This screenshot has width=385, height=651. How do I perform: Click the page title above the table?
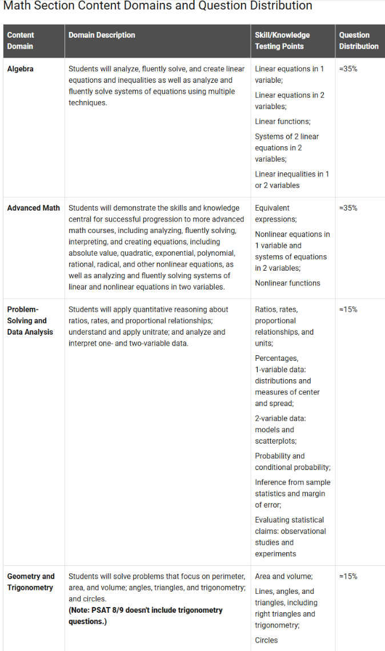coord(158,6)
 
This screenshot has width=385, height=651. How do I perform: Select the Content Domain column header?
coord(21,41)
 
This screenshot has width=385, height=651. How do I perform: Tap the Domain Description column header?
coord(102,35)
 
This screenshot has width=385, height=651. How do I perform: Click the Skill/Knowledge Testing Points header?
coord(282,41)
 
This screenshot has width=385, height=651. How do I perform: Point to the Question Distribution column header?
coord(359,41)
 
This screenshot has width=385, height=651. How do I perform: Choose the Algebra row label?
coord(20,69)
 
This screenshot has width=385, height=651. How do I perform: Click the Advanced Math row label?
coord(33,208)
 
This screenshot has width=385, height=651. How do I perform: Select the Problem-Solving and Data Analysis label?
coord(30,320)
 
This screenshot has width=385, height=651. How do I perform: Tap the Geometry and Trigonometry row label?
coord(31,582)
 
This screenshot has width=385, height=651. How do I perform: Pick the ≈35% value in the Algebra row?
coord(348,69)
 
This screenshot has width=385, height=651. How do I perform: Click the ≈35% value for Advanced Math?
coord(348,208)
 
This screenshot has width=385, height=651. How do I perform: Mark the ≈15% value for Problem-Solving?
coord(348,310)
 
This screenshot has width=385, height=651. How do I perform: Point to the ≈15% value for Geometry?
coord(348,576)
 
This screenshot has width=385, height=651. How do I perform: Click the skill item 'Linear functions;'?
coord(283,121)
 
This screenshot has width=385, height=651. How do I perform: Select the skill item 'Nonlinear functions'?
coord(287,283)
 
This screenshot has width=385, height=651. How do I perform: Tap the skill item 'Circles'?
coord(266,640)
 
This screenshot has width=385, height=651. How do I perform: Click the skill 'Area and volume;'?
coord(283,576)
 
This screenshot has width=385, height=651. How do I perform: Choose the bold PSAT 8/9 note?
coord(145,616)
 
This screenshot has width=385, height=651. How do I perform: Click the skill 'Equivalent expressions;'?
coord(276,214)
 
